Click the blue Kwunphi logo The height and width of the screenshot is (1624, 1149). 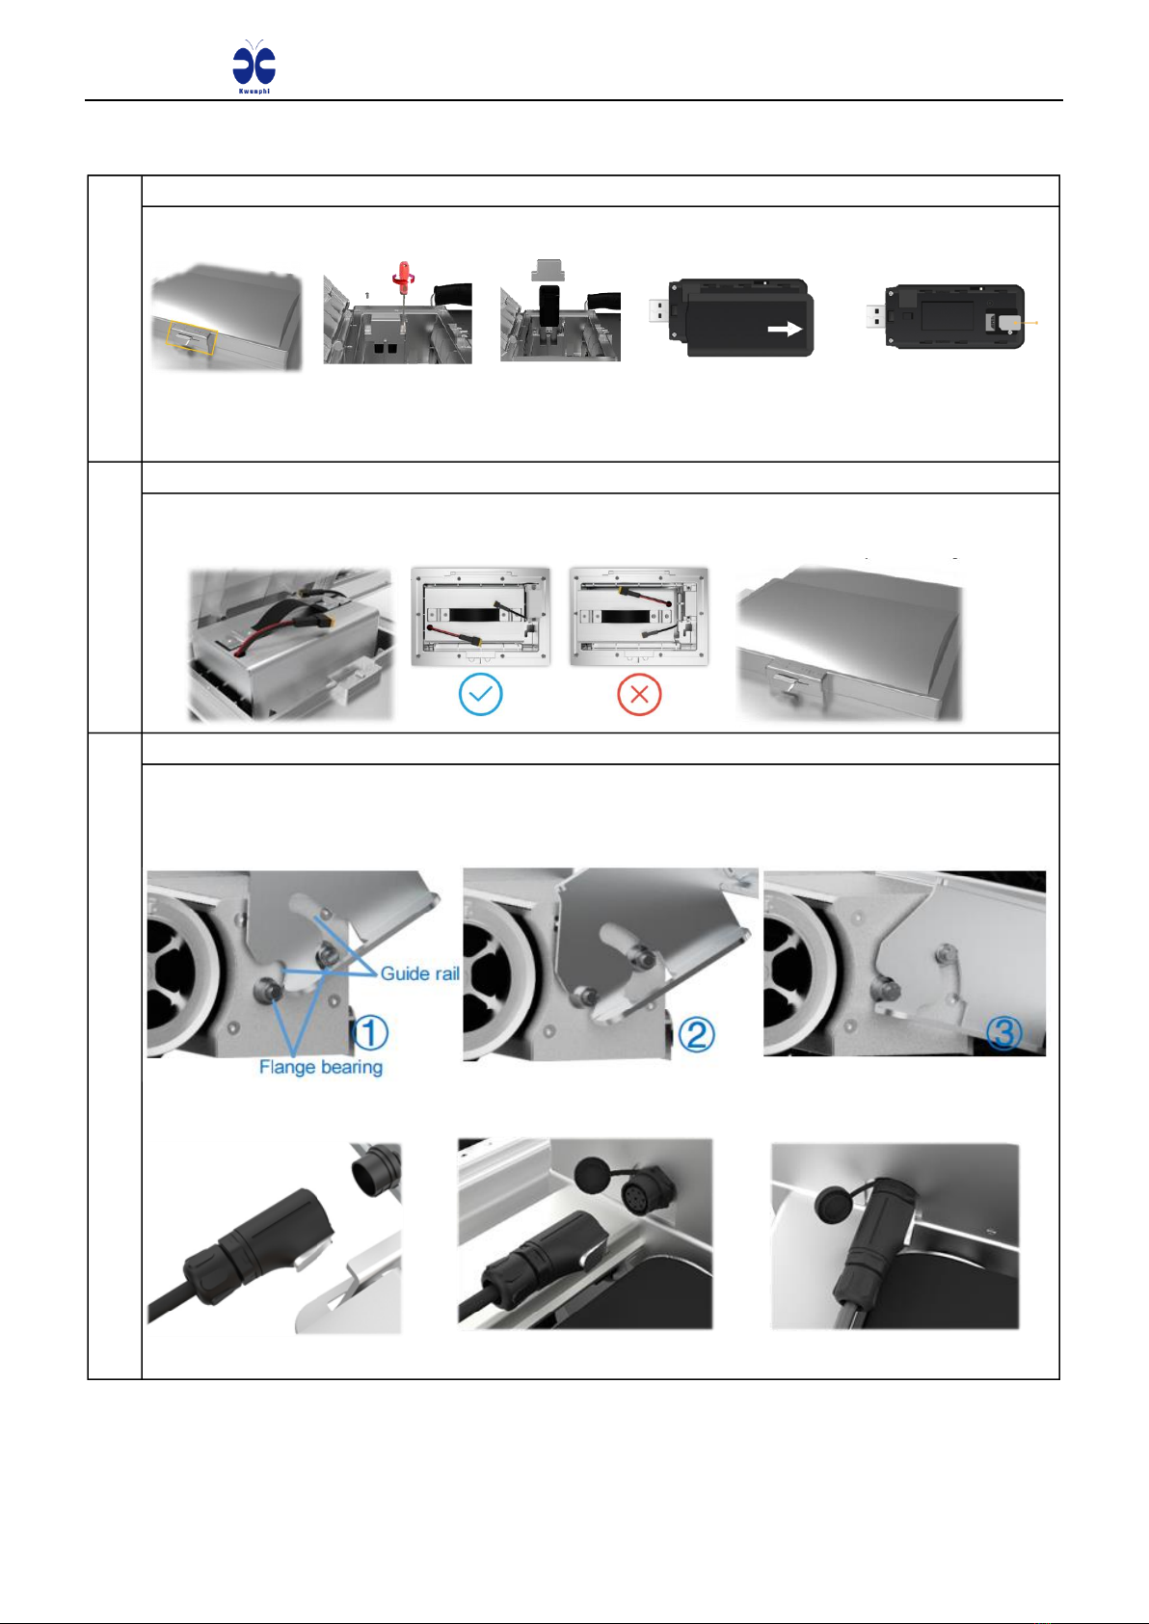pyautogui.click(x=254, y=66)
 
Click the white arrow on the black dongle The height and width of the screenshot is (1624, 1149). pyautogui.click(x=785, y=330)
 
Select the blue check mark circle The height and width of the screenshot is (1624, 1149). pyautogui.click(x=481, y=695)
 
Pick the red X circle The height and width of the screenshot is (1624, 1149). pyautogui.click(x=639, y=695)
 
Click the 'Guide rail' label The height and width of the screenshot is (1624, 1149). pyautogui.click(x=419, y=972)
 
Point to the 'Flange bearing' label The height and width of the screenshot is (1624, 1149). pyautogui.click(x=321, y=1067)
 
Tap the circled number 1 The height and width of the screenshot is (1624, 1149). pyautogui.click(x=370, y=1033)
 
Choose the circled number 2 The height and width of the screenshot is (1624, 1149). pyautogui.click(x=696, y=1034)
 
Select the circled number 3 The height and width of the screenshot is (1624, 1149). pyautogui.click(x=1004, y=1033)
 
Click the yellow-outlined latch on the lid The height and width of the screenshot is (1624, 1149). pyautogui.click(x=192, y=338)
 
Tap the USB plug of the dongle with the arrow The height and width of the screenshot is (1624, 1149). pyautogui.click(x=659, y=311)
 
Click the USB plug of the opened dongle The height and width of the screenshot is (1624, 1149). pyautogui.click(x=876, y=317)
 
